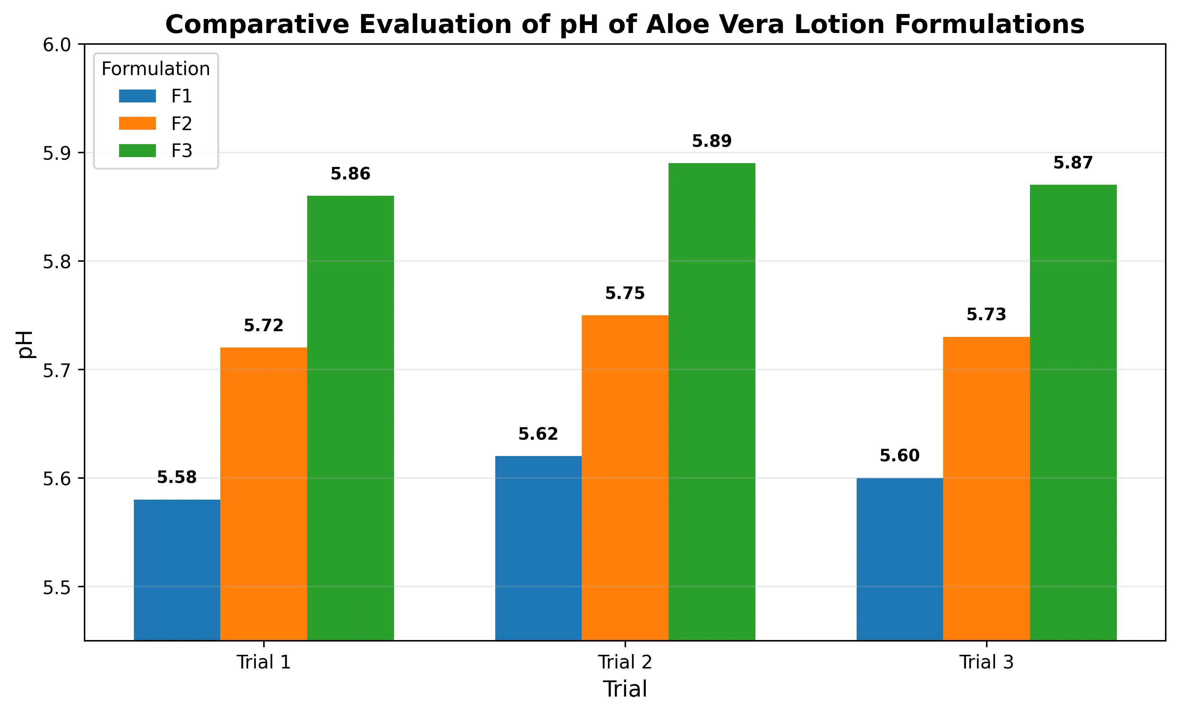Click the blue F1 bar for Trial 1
pyautogui.click(x=177, y=570)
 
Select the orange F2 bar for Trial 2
pyautogui.click(x=625, y=478)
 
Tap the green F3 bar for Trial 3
pyautogui.click(x=1073, y=412)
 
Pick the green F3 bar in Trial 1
pyautogui.click(x=351, y=418)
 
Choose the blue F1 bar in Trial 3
pyautogui.click(x=900, y=559)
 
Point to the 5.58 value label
pyautogui.click(x=177, y=477)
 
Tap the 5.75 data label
pyautogui.click(x=625, y=293)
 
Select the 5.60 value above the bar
pyautogui.click(x=900, y=456)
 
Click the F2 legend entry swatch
pyautogui.click(x=137, y=123)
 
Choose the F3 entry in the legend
pyautogui.click(x=155, y=151)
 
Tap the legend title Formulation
pyautogui.click(x=156, y=69)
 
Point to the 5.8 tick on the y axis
pyautogui.click(x=57, y=262)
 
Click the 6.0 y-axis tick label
pyautogui.click(x=57, y=45)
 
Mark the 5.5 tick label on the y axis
pyautogui.click(x=57, y=587)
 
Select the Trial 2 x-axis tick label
pyautogui.click(x=625, y=662)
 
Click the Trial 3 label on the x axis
pyautogui.click(x=987, y=662)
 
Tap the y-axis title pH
pyautogui.click(x=25, y=344)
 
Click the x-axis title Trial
pyautogui.click(x=625, y=689)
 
